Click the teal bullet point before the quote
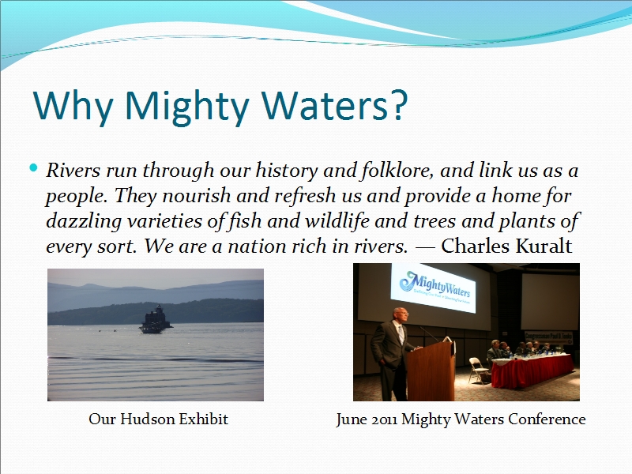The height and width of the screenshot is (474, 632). click(x=33, y=167)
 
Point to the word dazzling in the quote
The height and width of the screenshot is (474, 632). click(x=84, y=222)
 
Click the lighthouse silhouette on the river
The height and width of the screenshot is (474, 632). click(x=155, y=319)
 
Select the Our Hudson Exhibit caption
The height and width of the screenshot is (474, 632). click(x=159, y=419)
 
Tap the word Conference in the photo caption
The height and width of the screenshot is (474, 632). click(x=547, y=419)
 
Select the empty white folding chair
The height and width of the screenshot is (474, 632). click(x=479, y=370)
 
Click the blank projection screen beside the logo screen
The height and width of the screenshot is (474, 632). click(x=550, y=302)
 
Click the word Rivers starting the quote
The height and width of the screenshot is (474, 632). click(x=73, y=170)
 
